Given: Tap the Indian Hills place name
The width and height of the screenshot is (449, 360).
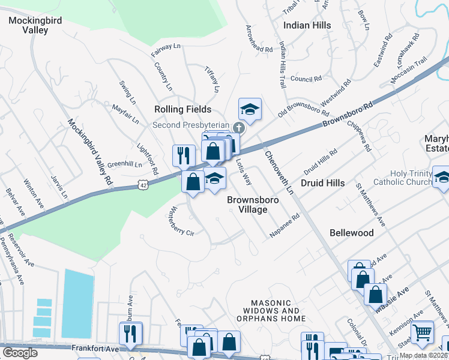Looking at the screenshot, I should (x=307, y=25).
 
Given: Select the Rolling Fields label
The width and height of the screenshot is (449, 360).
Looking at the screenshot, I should (x=182, y=109).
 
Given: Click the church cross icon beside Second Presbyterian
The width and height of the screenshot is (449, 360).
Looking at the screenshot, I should (x=239, y=127).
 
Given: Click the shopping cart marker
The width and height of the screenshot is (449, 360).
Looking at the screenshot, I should (x=423, y=331).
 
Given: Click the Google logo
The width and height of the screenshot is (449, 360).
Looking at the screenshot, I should (x=20, y=353).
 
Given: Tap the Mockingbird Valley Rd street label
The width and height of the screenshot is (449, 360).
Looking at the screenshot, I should (x=89, y=151).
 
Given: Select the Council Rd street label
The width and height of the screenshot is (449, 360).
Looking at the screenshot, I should (x=306, y=79).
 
